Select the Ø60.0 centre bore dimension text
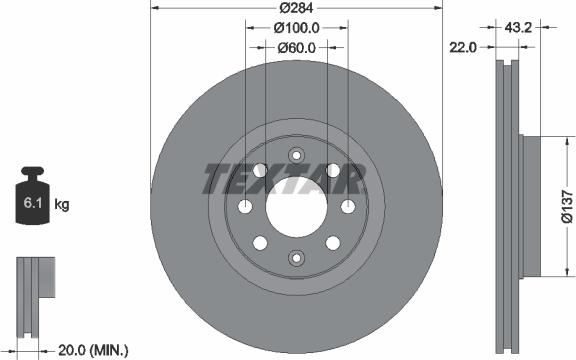click(296, 47)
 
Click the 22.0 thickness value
click(461, 47)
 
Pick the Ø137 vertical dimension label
click(565, 201)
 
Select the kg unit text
click(62, 205)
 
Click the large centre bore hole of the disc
click(296, 205)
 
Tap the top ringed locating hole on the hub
click(296, 154)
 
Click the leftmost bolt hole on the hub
click(245, 206)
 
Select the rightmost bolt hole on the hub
click(347, 206)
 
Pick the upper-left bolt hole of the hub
click(260, 169)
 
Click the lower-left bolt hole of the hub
click(260, 242)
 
